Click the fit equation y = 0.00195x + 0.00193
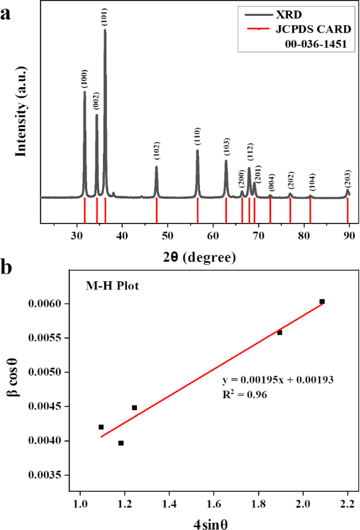[x=278, y=379]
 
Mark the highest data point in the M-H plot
[x=322, y=301]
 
